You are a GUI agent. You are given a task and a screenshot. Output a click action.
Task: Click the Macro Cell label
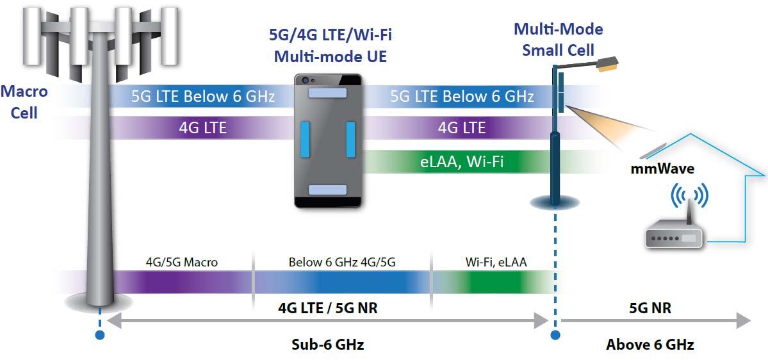point(24,102)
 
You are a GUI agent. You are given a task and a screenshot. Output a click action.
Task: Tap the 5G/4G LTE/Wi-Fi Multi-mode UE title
point(330,45)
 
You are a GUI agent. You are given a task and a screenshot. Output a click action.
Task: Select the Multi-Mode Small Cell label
point(558,39)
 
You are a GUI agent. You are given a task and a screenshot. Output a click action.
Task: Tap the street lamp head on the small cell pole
point(607,63)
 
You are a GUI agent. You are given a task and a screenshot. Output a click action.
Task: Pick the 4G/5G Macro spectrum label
point(181,262)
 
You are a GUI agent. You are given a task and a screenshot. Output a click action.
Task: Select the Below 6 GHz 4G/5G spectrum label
point(342,262)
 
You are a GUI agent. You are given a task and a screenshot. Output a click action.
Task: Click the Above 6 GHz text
point(650,344)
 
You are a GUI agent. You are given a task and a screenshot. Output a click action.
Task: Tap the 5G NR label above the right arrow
point(650,308)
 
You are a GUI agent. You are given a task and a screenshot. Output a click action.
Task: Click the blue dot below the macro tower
point(99,334)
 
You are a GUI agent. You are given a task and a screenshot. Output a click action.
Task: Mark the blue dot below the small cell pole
point(555,334)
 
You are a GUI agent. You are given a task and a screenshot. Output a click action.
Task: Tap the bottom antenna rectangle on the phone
point(327,190)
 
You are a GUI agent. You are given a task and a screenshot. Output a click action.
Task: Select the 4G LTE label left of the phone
point(202,127)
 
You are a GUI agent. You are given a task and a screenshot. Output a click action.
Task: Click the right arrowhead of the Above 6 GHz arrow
point(744,321)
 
